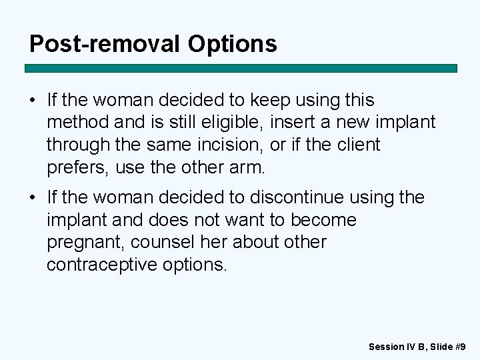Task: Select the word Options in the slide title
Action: [x=232, y=43]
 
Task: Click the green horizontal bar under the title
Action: [x=241, y=68]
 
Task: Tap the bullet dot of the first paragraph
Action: [x=33, y=101]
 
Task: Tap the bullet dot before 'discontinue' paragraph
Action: [x=33, y=198]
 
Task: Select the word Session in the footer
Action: [x=386, y=347]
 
